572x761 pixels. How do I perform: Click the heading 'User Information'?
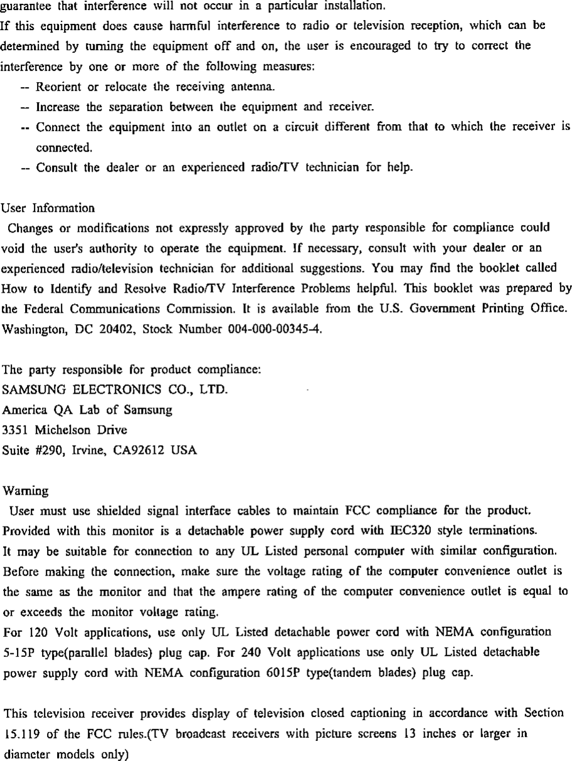[x=49, y=206]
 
